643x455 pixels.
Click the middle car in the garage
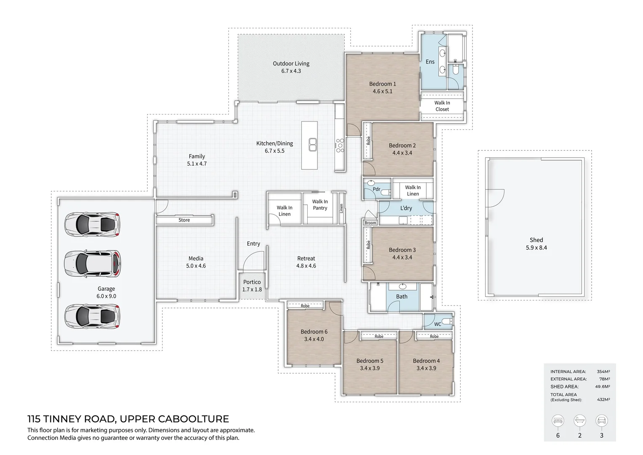click(x=92, y=264)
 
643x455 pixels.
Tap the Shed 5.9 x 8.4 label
click(x=536, y=244)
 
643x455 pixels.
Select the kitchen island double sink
click(x=313, y=145)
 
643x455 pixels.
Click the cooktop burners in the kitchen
click(x=340, y=145)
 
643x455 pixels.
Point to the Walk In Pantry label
click(x=320, y=205)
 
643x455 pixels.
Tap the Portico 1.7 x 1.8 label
click(x=252, y=286)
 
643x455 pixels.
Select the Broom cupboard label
click(x=370, y=223)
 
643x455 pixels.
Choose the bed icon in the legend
click(x=558, y=420)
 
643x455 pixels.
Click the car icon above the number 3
click(x=601, y=420)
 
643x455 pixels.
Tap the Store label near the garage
click(x=184, y=220)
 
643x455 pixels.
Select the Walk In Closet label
click(x=442, y=106)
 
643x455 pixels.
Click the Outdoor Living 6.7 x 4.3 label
click(x=291, y=67)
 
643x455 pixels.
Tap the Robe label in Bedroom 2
click(x=368, y=141)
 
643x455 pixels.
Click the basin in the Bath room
click(x=403, y=286)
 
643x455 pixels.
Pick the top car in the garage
click(x=92, y=224)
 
